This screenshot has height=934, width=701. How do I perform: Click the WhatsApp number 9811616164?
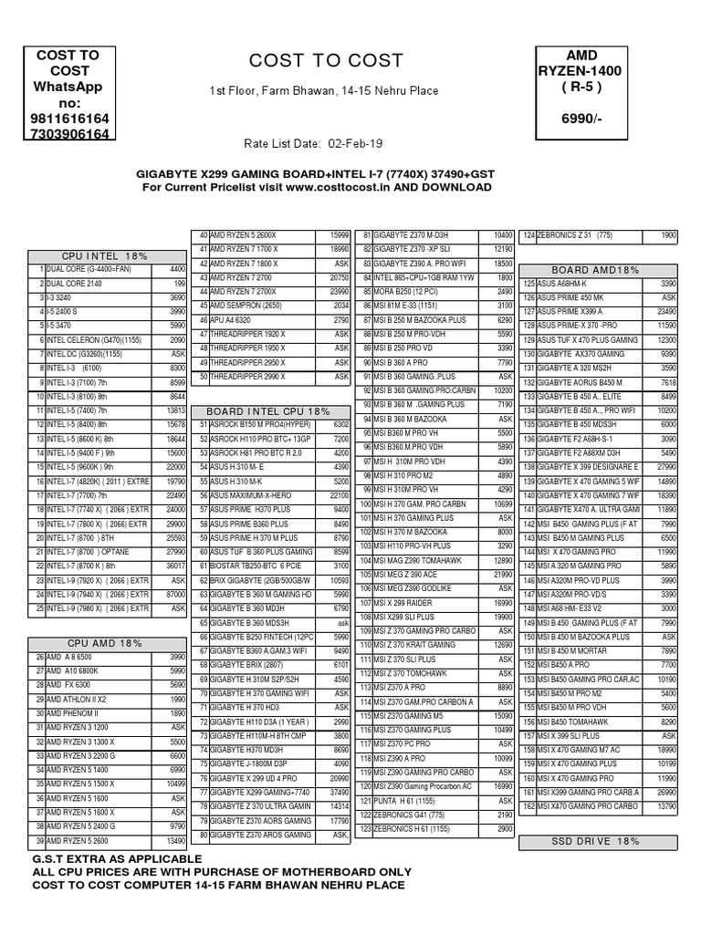(68, 119)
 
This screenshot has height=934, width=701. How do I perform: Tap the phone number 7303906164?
(68, 135)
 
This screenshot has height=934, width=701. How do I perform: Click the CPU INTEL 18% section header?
(105, 256)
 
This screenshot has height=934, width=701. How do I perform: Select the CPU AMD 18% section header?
(105, 643)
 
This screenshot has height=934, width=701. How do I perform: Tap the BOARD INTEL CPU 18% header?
(268, 411)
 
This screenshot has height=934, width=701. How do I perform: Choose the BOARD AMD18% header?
(595, 270)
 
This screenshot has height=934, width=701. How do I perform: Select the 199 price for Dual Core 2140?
(178, 284)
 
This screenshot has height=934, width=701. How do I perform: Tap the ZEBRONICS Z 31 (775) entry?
(575, 235)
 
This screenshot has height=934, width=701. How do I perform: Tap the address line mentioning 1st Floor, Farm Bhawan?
(324, 91)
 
